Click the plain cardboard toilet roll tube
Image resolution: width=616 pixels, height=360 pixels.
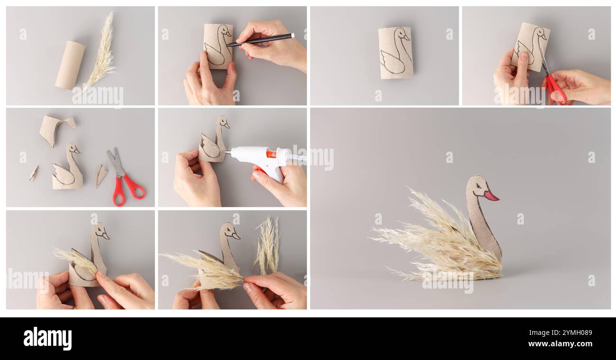(70, 65)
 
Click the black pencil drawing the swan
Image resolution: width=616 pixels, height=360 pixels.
(261, 40)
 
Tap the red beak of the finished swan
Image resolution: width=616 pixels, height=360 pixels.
(491, 196)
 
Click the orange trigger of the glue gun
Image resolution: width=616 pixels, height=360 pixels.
(270, 154)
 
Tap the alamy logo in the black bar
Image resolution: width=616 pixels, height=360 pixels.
(47, 339)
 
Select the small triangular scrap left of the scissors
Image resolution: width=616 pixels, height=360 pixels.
(100, 174)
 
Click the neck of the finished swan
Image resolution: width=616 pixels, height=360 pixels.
(481, 223)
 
